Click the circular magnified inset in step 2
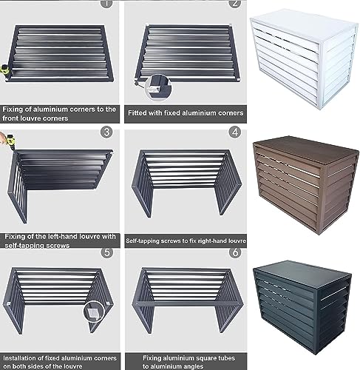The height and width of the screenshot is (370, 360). click(x=156, y=87)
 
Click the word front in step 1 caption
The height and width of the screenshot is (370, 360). click(x=14, y=118)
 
